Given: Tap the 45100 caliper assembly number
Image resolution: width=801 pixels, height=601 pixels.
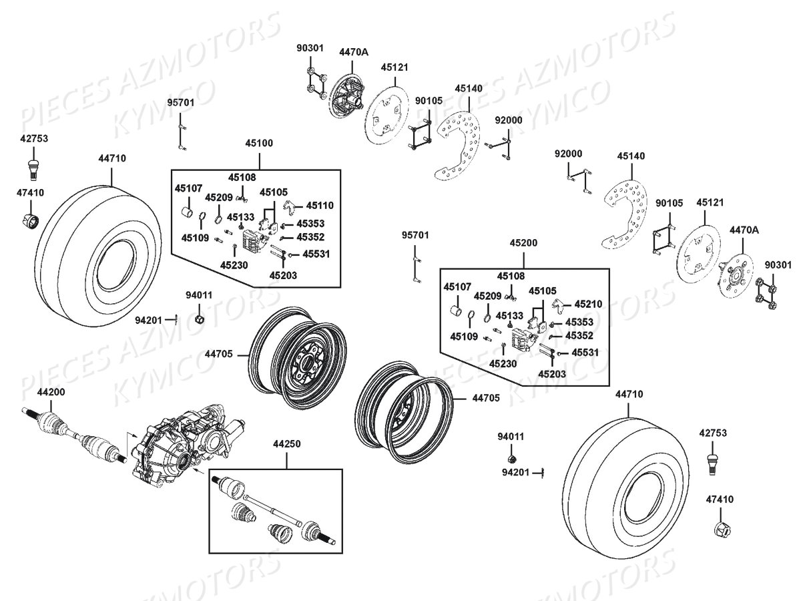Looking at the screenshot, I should pyautogui.click(x=259, y=143).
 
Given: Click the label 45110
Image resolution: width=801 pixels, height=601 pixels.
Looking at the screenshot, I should pyautogui.click(x=320, y=206).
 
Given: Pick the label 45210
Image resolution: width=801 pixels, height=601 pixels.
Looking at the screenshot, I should pyautogui.click(x=588, y=304).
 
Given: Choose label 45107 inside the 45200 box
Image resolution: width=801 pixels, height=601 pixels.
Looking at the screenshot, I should pyautogui.click(x=457, y=287).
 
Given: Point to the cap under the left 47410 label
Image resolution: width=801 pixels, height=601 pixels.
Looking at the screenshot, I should pyautogui.click(x=30, y=221).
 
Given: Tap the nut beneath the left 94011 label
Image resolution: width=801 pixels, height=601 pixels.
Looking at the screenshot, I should pyautogui.click(x=199, y=319).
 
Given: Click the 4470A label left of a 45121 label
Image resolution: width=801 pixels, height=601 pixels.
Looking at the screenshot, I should pyautogui.click(x=353, y=51).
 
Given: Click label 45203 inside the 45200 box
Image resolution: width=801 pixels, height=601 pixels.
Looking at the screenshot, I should pyautogui.click(x=552, y=374).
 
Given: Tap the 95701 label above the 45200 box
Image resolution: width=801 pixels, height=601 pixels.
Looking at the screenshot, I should pyautogui.click(x=415, y=236).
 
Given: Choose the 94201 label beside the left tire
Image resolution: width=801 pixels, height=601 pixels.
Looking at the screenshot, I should pyautogui.click(x=148, y=320).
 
